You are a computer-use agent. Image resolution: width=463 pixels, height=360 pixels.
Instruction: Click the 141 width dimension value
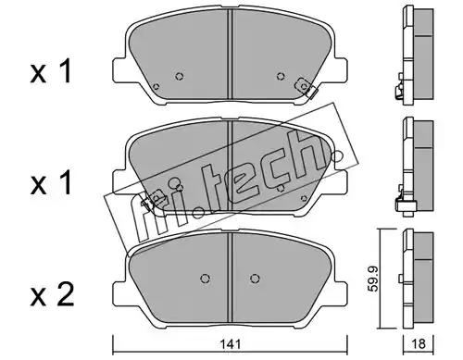(x=231, y=343)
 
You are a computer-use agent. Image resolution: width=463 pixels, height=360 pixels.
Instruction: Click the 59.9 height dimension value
(x=374, y=279)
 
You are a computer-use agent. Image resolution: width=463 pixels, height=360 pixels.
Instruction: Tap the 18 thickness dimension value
(x=419, y=343)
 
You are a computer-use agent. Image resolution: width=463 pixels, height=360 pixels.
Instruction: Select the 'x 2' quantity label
(x=52, y=295)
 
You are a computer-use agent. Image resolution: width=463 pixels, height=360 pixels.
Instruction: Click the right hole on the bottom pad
(x=255, y=279)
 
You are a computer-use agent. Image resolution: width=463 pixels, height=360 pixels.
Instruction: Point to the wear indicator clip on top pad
(x=306, y=87)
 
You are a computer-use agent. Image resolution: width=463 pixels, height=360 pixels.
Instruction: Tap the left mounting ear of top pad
(x=119, y=70)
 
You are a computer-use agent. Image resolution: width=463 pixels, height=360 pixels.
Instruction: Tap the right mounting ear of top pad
(x=341, y=70)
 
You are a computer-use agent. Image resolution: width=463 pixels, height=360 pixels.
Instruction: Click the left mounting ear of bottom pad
(x=119, y=293)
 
